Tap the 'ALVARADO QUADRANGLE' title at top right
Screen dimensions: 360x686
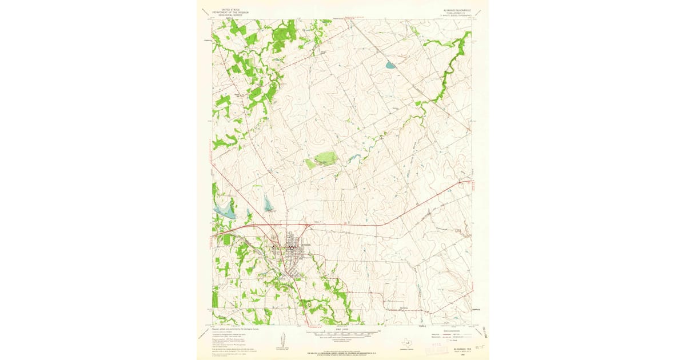click(456, 10)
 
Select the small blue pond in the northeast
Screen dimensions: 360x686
click(390, 65)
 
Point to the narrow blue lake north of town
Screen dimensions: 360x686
click(268, 203)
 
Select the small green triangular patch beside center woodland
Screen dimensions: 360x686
click(310, 164)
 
